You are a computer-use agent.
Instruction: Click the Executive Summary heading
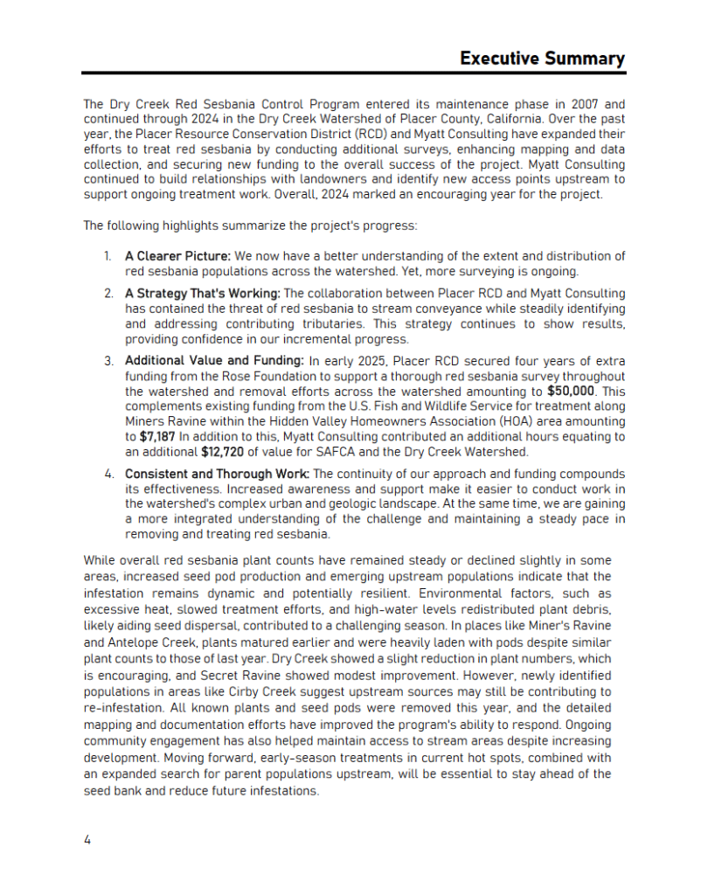tap(542, 59)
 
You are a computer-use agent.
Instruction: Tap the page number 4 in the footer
tap(87, 840)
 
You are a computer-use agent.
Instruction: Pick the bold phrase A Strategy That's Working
tap(204, 294)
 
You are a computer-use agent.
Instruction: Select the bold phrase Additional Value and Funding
tap(214, 360)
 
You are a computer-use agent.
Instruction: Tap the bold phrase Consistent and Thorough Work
tap(217, 474)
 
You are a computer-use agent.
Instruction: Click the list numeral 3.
tap(108, 360)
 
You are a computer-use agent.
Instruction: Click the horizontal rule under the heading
tap(354, 74)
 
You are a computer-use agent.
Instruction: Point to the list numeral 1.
tap(108, 256)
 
